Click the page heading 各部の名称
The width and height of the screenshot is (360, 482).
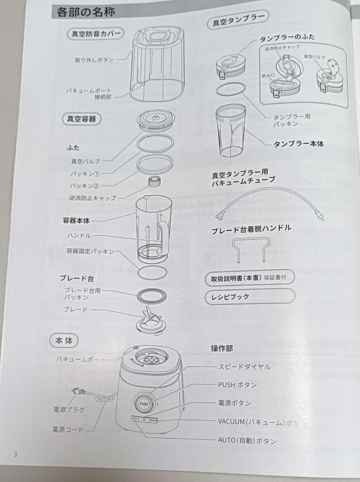point(86,12)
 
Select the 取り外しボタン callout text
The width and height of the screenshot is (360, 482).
point(94,60)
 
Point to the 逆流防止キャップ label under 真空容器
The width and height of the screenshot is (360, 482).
point(93,198)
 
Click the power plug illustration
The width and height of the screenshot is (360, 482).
point(78,392)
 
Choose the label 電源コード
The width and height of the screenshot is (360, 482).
point(67,430)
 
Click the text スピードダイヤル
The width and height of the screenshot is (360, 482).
point(244,367)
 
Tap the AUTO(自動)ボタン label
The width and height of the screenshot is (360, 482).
point(247,440)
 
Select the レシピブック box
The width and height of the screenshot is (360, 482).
point(249,296)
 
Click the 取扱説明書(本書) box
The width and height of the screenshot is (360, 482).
point(249,278)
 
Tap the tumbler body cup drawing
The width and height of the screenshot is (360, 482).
point(231,130)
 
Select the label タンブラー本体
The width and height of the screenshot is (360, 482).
point(298,144)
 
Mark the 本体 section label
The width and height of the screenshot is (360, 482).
point(63,341)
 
